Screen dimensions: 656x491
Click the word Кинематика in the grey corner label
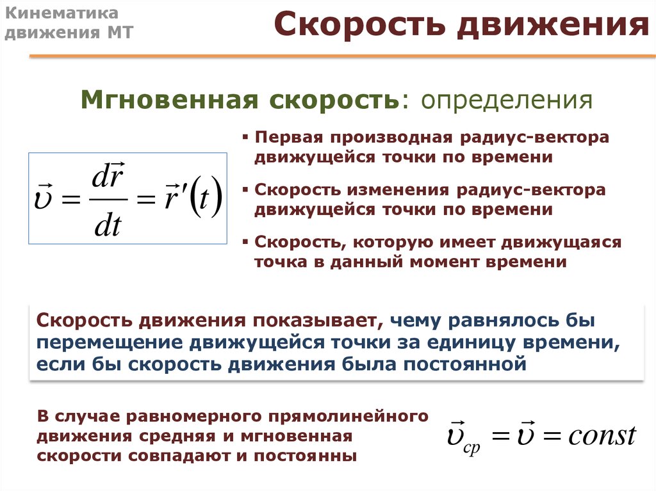(x=61, y=13)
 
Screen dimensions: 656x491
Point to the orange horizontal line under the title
(x=342, y=56)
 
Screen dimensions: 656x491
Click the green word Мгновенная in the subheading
(x=170, y=99)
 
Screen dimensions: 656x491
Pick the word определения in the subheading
(x=507, y=101)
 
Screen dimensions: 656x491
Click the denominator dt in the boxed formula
(x=108, y=226)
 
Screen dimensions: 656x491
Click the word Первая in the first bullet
(x=289, y=137)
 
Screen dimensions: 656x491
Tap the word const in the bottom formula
(x=602, y=436)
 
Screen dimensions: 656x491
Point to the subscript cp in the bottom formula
(x=472, y=448)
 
